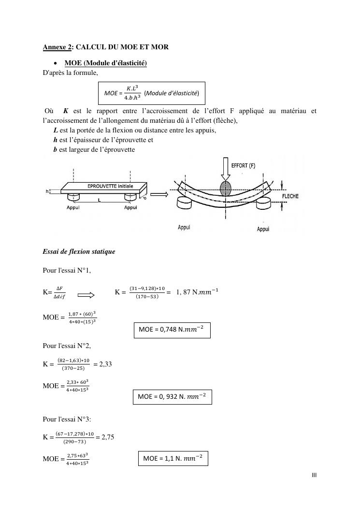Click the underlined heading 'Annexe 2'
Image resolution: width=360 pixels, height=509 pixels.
coord(57,47)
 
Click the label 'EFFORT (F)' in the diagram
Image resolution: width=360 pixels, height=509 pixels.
coord(243,166)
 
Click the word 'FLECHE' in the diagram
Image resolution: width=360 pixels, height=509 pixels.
coord(290,196)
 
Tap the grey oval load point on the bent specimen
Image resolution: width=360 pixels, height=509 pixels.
coord(226,189)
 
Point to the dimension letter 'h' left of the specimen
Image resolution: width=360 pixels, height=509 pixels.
coord(47,191)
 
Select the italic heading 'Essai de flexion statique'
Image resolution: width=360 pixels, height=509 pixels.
coord(79,252)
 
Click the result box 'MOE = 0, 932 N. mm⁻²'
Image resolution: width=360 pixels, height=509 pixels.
coord(172,397)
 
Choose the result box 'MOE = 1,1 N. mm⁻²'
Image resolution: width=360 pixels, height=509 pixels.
coord(173,458)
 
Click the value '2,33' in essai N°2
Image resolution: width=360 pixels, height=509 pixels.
coord(105,364)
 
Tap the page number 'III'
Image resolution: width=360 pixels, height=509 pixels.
coord(314,475)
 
